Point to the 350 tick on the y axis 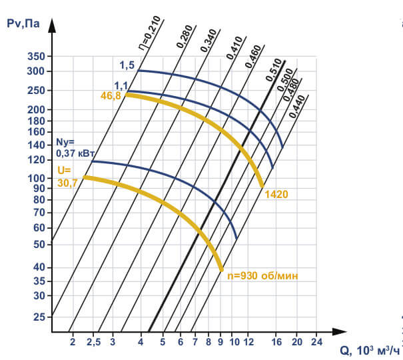(x=35, y=57)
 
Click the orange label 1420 (x=276, y=195)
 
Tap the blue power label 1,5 (x=127, y=65)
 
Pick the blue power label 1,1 (x=121, y=85)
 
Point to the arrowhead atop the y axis (x=52, y=26)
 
